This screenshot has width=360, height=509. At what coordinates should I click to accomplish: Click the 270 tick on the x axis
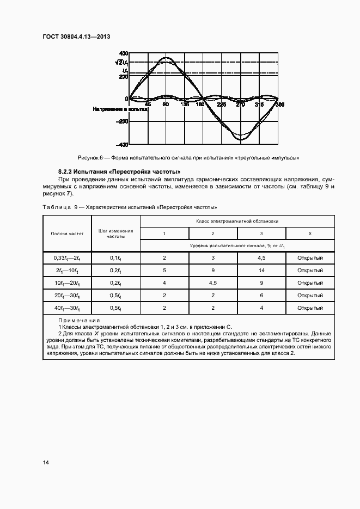pos(240,104)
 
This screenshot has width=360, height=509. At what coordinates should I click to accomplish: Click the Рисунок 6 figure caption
pos(189,157)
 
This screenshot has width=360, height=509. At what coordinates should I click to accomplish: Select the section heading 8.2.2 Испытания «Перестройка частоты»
pos(119,172)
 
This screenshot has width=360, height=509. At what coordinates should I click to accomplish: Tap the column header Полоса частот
pos(67,233)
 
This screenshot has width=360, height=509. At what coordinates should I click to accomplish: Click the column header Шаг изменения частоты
pos(115,234)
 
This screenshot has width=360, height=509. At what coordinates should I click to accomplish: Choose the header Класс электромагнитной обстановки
pos(237,221)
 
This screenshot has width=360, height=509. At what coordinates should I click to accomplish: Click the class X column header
pos(310,233)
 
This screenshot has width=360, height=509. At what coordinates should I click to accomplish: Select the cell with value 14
pos(261,270)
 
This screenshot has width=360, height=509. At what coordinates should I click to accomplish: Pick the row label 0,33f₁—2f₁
pos(67,257)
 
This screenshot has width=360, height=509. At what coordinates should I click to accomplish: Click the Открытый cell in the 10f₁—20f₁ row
pos(310,283)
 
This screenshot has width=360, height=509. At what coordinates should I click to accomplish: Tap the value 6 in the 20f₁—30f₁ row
pos(261,295)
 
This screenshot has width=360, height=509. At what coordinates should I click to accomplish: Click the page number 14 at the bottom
pos(46,462)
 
